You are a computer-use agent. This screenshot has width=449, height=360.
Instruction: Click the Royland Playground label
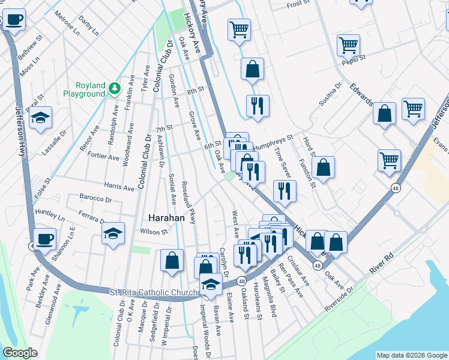(84, 90)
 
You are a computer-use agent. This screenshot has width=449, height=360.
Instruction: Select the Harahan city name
(166, 218)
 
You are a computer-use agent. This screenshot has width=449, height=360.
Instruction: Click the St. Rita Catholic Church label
(154, 293)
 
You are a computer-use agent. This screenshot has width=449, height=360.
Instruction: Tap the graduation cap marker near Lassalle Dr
(41, 119)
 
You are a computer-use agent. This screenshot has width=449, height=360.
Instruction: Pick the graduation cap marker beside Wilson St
(113, 233)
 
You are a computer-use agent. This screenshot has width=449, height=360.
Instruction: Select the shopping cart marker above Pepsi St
(348, 45)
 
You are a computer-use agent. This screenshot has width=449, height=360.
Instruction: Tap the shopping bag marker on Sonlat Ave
(172, 261)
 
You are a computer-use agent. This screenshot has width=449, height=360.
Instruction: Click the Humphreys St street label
(273, 140)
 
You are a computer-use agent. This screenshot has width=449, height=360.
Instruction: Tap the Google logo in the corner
(20, 353)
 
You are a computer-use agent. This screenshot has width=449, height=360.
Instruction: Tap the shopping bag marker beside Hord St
(323, 169)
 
